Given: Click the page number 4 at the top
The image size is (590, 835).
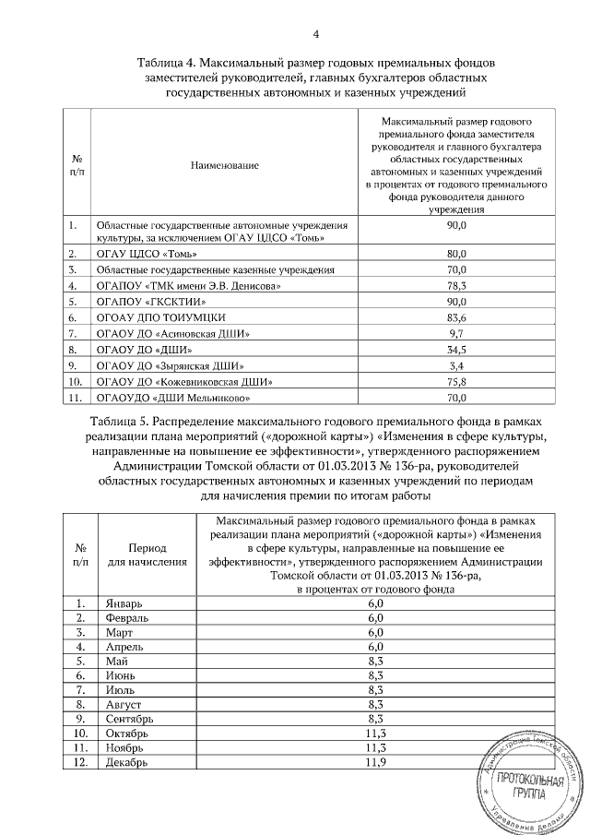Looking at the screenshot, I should (315, 35).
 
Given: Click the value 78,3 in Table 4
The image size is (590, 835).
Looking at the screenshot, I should (458, 285).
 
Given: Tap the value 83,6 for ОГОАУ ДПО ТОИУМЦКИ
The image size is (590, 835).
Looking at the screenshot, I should (458, 317).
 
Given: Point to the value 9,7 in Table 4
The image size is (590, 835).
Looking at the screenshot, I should (458, 333).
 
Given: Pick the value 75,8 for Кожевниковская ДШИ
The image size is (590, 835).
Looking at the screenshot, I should (458, 382).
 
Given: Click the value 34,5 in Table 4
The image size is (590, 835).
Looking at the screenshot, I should (458, 350).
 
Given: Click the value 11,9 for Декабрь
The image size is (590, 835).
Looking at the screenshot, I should (375, 763).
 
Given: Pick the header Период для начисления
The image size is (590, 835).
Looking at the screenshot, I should (140, 554).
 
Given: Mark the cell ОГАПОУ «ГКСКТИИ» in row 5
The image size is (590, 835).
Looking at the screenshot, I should (148, 301).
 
